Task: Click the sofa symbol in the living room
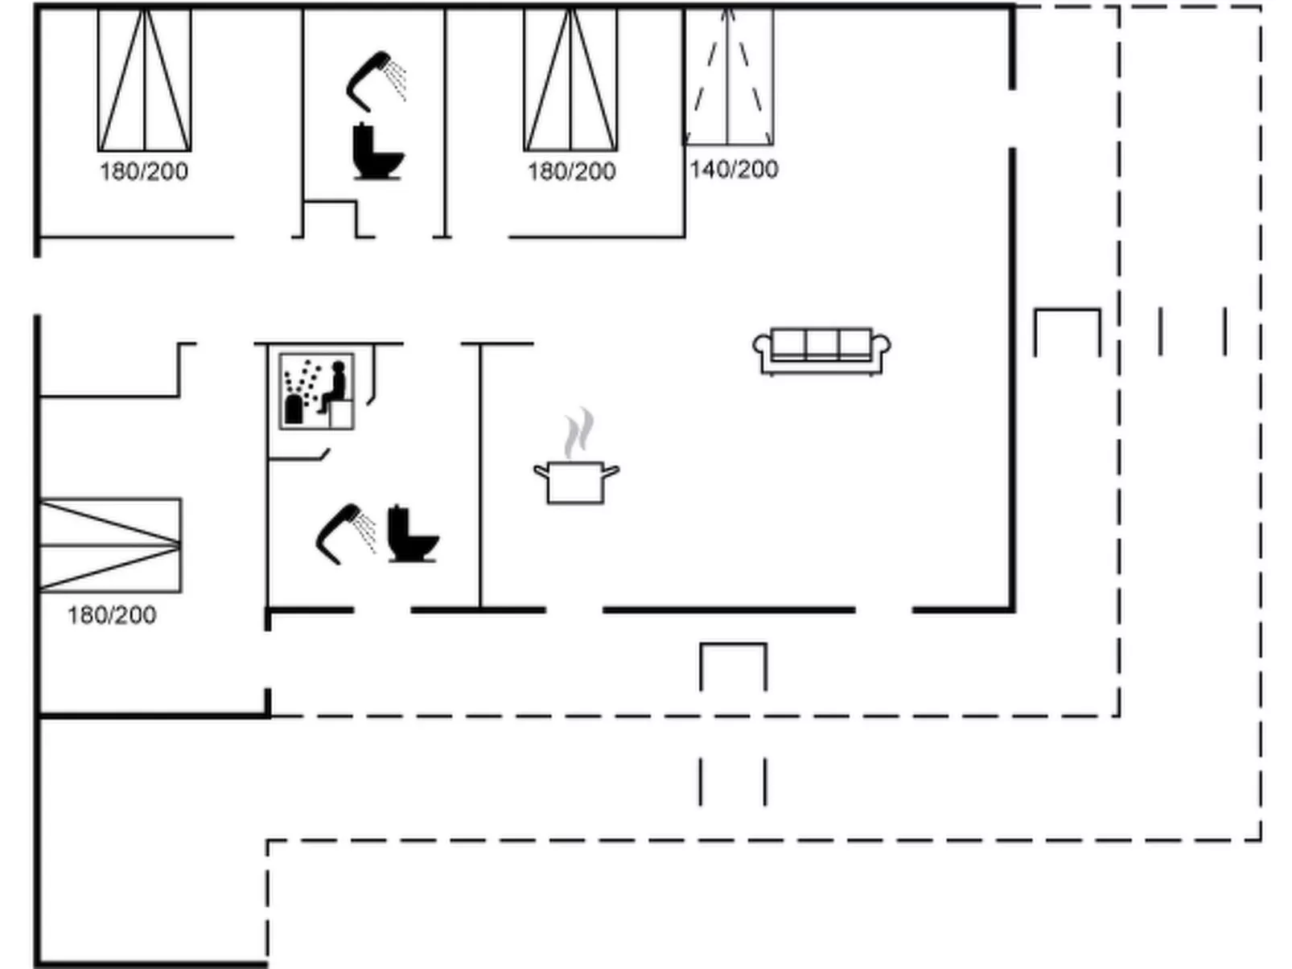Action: pyautogui.click(x=821, y=351)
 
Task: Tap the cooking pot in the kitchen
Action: pyautogui.click(x=576, y=482)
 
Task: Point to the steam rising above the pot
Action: pyautogui.click(x=579, y=433)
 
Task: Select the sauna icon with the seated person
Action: pyautogui.click(x=317, y=392)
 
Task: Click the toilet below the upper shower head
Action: pyautogui.click(x=378, y=151)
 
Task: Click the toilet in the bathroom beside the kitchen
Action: pyautogui.click(x=413, y=534)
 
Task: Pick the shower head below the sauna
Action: pyautogui.click(x=345, y=534)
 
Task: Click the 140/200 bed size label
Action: pyautogui.click(x=734, y=170)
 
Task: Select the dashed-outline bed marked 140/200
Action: pyautogui.click(x=729, y=76)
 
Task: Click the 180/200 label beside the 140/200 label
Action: pyautogui.click(x=571, y=172)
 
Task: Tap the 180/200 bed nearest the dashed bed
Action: pyautogui.click(x=570, y=80)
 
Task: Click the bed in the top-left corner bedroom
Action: pyautogui.click(x=144, y=80)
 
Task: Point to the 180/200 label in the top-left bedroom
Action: pyautogui.click(x=144, y=172)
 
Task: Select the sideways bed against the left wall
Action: pyautogui.click(x=110, y=545)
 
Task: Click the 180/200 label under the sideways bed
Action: pyautogui.click(x=112, y=615)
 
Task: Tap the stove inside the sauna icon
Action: pyautogui.click(x=293, y=409)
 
